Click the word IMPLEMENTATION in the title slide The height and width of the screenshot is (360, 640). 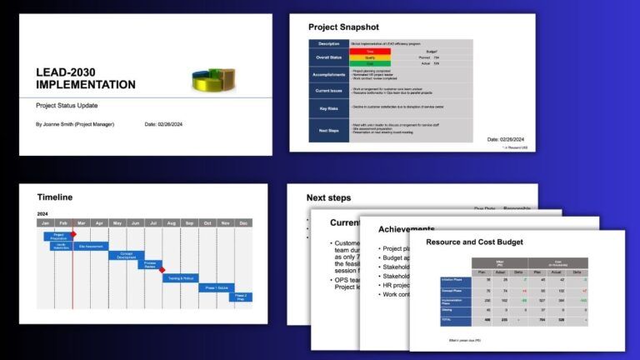86,85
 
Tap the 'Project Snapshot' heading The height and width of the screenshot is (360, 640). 343,27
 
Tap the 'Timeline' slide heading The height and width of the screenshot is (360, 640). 55,197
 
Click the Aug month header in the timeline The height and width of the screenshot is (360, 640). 171,223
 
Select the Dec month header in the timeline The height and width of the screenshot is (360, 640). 243,223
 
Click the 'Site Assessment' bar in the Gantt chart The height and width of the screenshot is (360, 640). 91,247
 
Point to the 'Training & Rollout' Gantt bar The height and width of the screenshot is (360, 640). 181,277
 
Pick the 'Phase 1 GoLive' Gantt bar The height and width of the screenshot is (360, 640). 217,287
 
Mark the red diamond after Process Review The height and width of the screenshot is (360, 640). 162,269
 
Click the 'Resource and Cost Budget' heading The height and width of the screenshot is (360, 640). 474,242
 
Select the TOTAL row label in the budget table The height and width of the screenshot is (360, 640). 447,319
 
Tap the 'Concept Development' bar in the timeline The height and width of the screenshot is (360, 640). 127,256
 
